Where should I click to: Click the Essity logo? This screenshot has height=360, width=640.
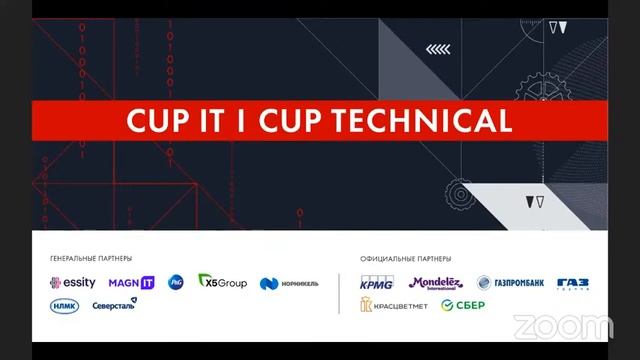(x=73, y=283)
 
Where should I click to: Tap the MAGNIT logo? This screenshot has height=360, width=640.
(x=131, y=283)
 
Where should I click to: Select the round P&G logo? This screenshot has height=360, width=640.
(x=176, y=283)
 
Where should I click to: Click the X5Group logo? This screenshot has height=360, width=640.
(x=222, y=282)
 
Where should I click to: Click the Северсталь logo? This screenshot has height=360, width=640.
(x=114, y=304)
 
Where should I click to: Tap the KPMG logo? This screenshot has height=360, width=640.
(x=377, y=283)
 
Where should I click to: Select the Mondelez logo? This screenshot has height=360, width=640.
(x=436, y=283)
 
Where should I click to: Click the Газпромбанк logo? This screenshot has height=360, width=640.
(x=510, y=283)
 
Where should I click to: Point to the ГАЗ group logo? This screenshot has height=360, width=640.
(x=573, y=284)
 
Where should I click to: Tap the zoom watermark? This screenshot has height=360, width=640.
(x=562, y=326)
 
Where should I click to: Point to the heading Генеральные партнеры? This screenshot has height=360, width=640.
(x=91, y=258)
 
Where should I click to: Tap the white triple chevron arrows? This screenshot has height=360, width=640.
(x=438, y=48)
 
